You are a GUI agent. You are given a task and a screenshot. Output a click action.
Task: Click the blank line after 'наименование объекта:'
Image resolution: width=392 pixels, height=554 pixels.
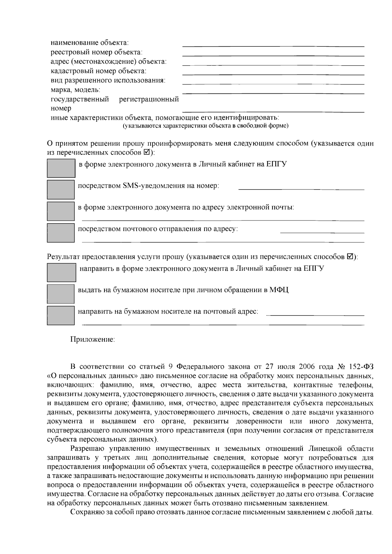tap(273, 46)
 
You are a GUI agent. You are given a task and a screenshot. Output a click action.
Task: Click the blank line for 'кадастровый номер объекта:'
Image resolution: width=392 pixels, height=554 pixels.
tap(273, 74)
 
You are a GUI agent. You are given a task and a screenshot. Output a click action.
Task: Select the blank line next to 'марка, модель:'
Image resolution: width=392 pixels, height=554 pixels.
tap(273, 93)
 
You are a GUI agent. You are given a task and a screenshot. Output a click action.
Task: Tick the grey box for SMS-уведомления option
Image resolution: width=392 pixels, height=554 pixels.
tap(61, 189)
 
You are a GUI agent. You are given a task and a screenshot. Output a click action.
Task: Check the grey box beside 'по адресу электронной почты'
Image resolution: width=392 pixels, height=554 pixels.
tap(61, 211)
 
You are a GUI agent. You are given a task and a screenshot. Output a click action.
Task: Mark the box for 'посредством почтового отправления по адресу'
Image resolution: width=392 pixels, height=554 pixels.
tap(61, 233)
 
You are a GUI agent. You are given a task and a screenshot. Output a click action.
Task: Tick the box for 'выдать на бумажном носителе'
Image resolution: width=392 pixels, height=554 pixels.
tap(61, 294)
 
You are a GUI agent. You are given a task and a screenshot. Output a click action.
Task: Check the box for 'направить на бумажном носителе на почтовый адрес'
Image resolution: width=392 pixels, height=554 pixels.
tap(61, 315)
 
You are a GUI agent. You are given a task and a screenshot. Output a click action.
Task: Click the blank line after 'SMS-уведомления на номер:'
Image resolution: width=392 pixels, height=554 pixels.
tap(301, 188)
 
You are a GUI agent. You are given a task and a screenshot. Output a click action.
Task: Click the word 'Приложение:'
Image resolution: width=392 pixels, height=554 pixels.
tap(93, 340)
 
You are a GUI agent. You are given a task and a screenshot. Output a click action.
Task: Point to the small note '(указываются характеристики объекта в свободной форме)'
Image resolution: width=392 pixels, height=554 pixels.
tap(205, 126)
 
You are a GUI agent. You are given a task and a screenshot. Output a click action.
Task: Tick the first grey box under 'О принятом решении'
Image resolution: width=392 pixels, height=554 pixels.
tap(61, 168)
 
